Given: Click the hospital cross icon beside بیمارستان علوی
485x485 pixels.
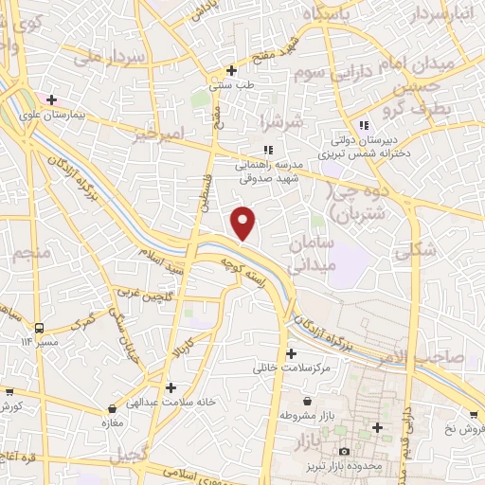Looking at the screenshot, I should (x=51, y=99).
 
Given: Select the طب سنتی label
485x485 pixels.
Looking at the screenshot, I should (x=232, y=85).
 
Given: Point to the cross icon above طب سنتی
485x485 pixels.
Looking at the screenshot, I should (x=232, y=70).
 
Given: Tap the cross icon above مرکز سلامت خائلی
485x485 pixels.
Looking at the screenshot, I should (x=290, y=353).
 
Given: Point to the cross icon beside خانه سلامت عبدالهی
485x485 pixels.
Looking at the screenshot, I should (x=171, y=386).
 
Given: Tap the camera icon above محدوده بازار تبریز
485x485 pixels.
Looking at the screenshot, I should (x=344, y=452).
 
